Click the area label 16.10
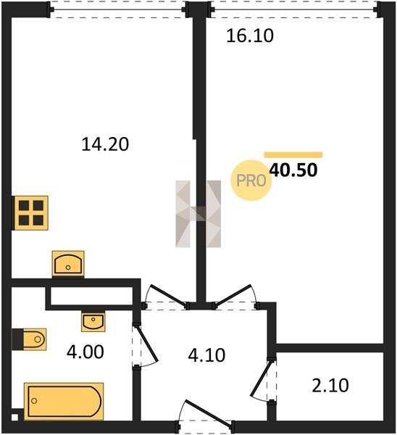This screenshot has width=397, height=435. tap(250, 36)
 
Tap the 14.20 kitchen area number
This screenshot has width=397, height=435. tap(105, 144)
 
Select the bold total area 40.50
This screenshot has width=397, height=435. tap(293, 170)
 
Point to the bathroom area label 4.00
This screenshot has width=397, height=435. tap(85, 352)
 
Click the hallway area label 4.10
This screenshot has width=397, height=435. tap(206, 355)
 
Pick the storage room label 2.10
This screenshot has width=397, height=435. tap(330, 386)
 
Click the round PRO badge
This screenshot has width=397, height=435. tap(251, 181)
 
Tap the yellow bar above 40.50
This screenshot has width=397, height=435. tap(293, 154)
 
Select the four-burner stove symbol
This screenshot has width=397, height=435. tap(31, 213)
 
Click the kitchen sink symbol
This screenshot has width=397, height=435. tap(68, 264)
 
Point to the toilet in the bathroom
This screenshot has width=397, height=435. tap(30, 339)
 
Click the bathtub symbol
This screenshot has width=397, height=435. tap(64, 401)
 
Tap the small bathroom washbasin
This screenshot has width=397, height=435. tap(93, 321)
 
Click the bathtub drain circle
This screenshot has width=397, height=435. tap(34, 401)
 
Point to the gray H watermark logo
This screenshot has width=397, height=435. tap(198, 214)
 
